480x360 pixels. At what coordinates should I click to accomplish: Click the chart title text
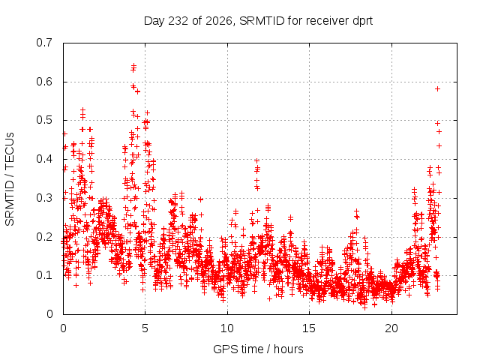click(258, 21)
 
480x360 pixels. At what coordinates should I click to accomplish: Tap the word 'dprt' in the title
click(363, 22)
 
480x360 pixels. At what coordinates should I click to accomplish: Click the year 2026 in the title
click(218, 21)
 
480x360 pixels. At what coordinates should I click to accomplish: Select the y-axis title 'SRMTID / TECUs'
click(10, 179)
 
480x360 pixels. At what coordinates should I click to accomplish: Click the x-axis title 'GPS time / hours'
click(258, 349)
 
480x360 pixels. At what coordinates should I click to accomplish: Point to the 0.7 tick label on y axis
click(44, 43)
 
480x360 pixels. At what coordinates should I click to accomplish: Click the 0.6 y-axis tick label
click(44, 82)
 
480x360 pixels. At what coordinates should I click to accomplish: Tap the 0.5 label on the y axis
click(44, 120)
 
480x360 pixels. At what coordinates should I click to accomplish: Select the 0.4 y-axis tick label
click(44, 159)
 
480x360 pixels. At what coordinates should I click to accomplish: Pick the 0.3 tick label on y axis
click(44, 198)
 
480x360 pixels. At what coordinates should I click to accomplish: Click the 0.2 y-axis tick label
click(44, 237)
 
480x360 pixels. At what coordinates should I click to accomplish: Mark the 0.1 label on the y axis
click(44, 275)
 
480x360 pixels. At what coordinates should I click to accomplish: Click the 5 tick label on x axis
click(145, 328)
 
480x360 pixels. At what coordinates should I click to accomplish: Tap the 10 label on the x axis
click(227, 328)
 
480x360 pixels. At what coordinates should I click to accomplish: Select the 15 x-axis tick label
click(309, 328)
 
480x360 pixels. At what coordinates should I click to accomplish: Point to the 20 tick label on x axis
click(391, 328)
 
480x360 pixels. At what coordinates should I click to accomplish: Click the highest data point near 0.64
click(133, 65)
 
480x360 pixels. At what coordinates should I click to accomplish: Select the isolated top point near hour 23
click(437, 88)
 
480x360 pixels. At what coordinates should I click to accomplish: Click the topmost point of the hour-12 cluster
click(256, 160)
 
